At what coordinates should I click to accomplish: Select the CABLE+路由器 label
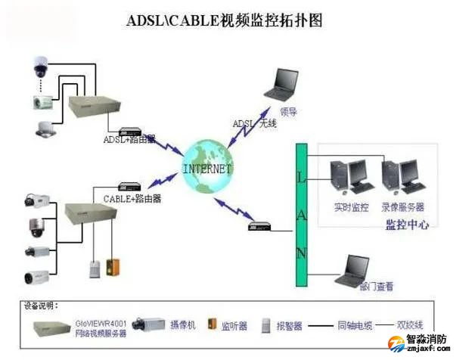click(x=132, y=199)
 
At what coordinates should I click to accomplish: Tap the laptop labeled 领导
click(x=285, y=85)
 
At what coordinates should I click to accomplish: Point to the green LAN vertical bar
click(x=301, y=215)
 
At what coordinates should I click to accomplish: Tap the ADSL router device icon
click(x=130, y=130)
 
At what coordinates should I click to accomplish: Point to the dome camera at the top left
click(x=41, y=67)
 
